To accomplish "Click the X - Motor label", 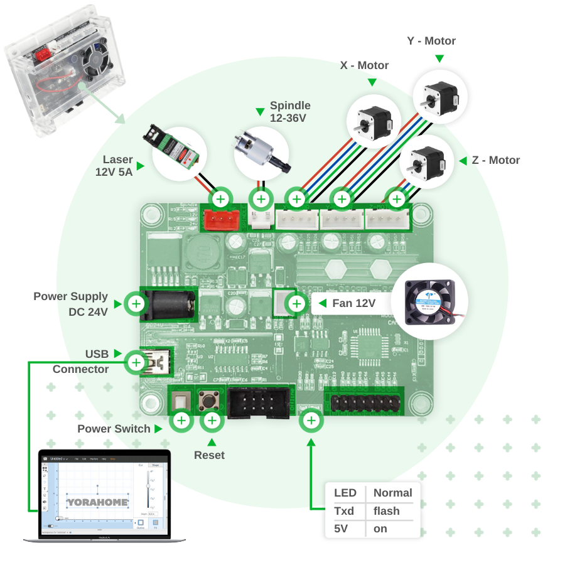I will point(364,65).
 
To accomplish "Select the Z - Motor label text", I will point(496,160).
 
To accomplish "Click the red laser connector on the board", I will point(221,219).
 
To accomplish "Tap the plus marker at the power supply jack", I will point(137,304).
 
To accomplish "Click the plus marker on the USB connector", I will point(136,362).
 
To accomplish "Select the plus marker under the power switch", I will point(181,421).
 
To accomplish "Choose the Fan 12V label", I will point(353,304).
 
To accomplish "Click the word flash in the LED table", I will point(387,511).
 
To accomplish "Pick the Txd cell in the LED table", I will point(344,511).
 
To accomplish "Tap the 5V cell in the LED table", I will point(341,529).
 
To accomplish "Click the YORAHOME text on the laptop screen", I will point(97,502).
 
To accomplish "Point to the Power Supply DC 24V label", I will point(70,304).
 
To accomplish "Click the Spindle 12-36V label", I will point(290,112).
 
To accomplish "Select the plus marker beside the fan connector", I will point(296,304).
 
